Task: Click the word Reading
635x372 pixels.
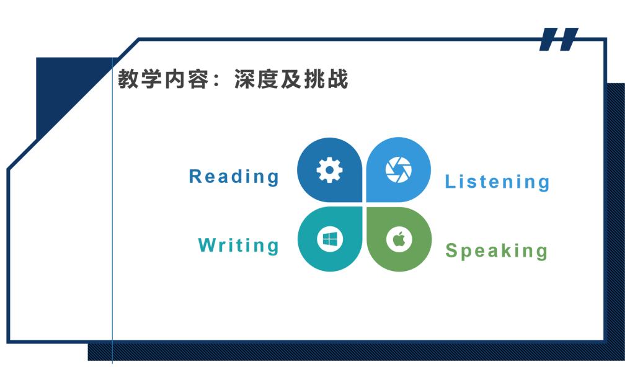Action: tap(234, 177)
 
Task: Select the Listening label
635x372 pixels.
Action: tap(497, 182)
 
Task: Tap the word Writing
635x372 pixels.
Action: tap(239, 246)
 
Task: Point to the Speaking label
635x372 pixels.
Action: tap(497, 250)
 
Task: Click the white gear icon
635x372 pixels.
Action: tap(329, 170)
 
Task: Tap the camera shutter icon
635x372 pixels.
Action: tap(398, 170)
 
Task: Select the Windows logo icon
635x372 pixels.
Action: tap(329, 239)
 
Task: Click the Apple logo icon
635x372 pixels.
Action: tap(399, 239)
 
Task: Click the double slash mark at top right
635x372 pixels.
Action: tap(558, 39)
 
